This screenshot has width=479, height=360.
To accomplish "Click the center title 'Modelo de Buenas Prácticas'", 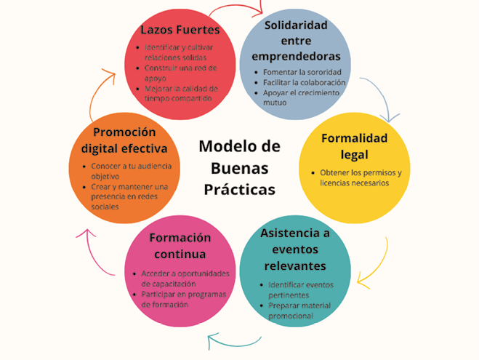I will click(239, 167).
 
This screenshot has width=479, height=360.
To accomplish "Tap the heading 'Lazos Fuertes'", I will click(180, 30).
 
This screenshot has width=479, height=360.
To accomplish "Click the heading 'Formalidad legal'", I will click(354, 145).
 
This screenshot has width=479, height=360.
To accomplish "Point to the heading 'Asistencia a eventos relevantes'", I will click(295, 249).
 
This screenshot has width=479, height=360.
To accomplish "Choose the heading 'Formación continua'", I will click(180, 246).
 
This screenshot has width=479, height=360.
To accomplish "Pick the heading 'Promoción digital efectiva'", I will click(124, 140).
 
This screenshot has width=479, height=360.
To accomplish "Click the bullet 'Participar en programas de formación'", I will click(183, 299).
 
